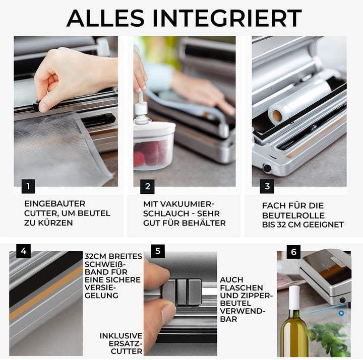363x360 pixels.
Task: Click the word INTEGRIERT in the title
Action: click(227, 18)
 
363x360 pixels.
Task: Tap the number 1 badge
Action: click(28, 186)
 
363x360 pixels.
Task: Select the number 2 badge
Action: click(147, 186)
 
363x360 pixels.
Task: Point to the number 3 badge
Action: click(267, 186)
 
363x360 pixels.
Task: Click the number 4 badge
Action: click(23, 251)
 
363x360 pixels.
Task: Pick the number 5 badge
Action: click(158, 251)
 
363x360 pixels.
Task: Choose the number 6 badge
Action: click(293, 252)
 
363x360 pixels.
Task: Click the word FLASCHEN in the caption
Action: click(241, 287)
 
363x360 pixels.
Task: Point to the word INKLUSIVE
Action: click(121, 336)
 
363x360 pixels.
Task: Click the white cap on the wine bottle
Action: click(294, 298)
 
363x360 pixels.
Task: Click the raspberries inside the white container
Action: click(148, 153)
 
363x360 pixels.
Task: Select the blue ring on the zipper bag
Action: click(341, 313)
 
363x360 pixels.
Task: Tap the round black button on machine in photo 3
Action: click(267, 168)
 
